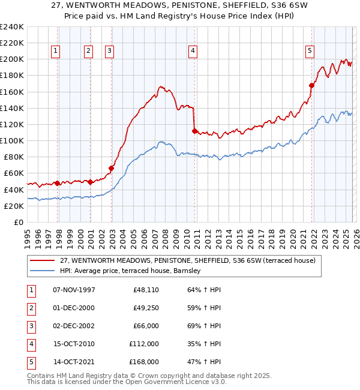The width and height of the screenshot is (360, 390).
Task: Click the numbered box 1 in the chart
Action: point(55,52)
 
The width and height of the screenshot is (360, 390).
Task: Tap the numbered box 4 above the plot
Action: point(193,52)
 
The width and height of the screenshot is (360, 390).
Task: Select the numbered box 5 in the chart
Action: point(310,52)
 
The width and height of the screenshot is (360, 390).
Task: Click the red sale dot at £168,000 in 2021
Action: point(312,85)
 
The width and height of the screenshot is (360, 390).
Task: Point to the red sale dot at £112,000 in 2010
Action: point(194,131)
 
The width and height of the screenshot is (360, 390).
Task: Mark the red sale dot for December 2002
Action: point(112,168)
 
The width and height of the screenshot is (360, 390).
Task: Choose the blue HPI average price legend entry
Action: point(133,271)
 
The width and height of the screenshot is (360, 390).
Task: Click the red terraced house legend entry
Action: point(191,260)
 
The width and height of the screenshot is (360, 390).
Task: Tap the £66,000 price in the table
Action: point(145,326)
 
